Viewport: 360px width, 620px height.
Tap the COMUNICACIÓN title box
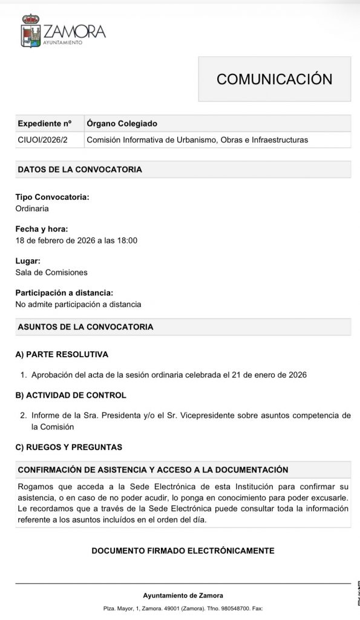pyautogui.click(x=275, y=79)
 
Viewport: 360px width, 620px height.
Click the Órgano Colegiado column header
pyautogui.click(x=122, y=124)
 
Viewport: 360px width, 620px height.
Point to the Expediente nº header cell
pyautogui.click(x=44, y=124)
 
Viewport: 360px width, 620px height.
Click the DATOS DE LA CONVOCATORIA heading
pyautogui.click(x=80, y=170)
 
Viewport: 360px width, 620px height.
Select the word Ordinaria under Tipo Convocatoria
pyautogui.click(x=32, y=208)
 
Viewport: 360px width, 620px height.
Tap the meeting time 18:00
pyautogui.click(x=127, y=240)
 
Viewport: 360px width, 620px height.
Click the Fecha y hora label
pyautogui.click(x=42, y=229)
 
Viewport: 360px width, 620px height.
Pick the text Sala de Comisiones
pyautogui.click(x=51, y=272)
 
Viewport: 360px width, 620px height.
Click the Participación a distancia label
pyautogui.click(x=64, y=293)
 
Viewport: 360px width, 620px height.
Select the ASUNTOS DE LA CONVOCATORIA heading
pyautogui.click(x=85, y=327)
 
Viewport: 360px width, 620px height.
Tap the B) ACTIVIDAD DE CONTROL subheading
pyautogui.click(x=71, y=395)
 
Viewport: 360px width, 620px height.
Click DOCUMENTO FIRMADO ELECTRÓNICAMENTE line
pyautogui.click(x=183, y=551)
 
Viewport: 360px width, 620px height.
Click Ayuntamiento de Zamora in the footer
pyautogui.click(x=183, y=596)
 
